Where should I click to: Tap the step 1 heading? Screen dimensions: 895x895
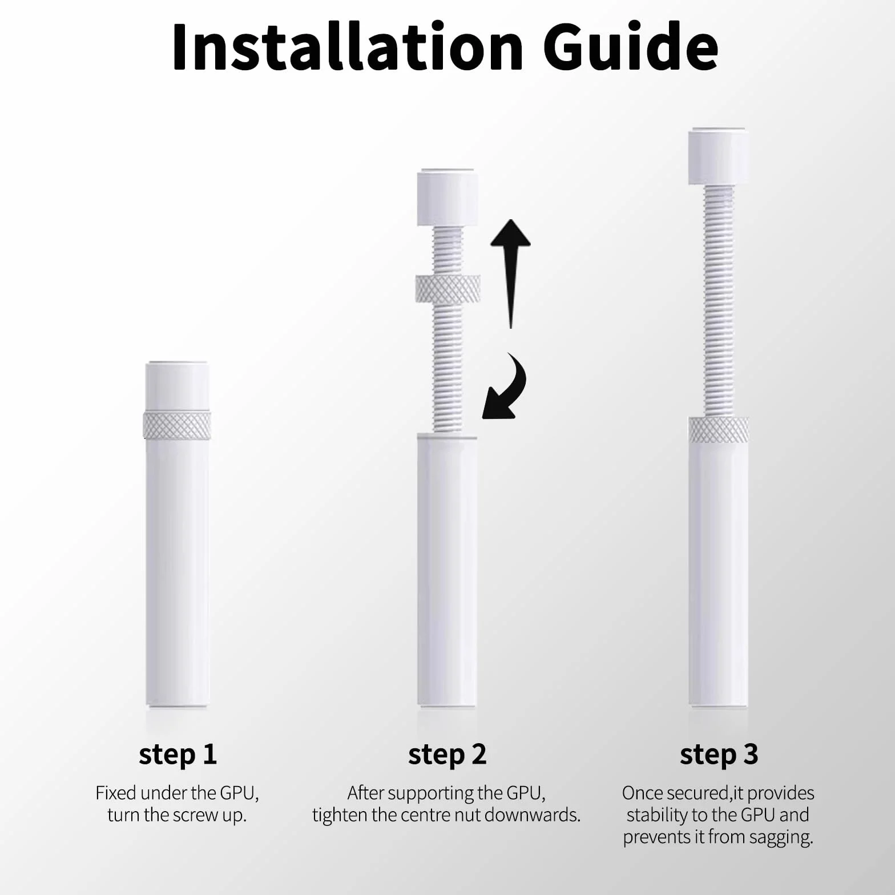(x=178, y=755)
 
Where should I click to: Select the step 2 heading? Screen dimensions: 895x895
(x=447, y=755)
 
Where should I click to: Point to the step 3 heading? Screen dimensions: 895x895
(x=719, y=755)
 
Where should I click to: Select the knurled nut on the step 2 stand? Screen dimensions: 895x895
(x=447, y=288)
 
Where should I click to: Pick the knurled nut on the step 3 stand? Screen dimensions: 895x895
(x=719, y=430)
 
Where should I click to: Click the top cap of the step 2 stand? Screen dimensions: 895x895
(x=447, y=197)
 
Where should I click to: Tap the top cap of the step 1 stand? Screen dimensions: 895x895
(x=177, y=386)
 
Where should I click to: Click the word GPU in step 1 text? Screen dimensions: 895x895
(x=239, y=793)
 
